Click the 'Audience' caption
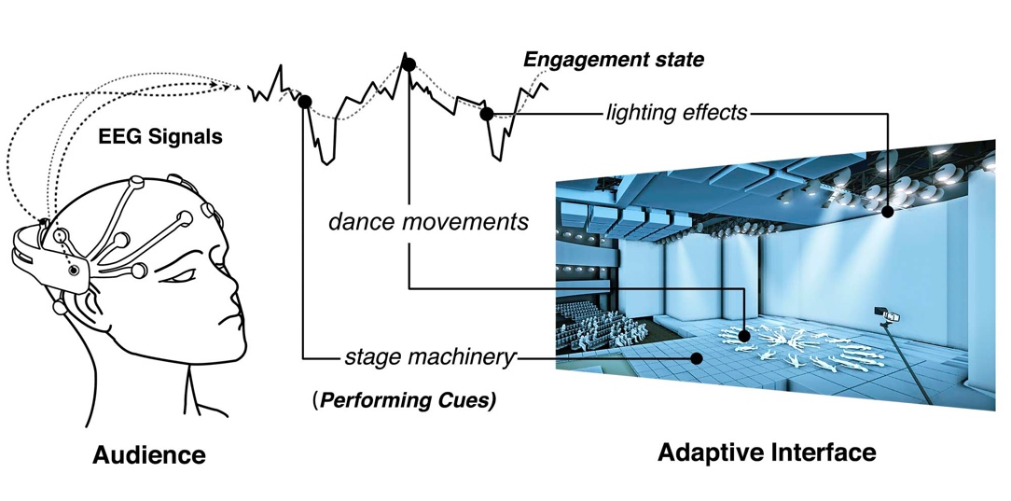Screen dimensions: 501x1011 148,456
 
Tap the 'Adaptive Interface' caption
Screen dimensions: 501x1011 767,453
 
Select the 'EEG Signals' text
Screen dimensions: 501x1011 160,137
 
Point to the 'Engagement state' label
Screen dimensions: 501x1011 613,61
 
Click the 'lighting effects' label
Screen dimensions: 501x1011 676,113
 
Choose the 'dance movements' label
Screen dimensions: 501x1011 428,223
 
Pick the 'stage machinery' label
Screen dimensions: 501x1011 429,356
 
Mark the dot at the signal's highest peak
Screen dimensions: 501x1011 408,63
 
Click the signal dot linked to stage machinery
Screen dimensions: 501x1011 305,101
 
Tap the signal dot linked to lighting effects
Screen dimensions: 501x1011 486,114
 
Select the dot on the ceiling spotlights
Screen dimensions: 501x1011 888,212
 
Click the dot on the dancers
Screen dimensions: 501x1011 744,335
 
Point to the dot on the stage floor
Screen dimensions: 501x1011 696,356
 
